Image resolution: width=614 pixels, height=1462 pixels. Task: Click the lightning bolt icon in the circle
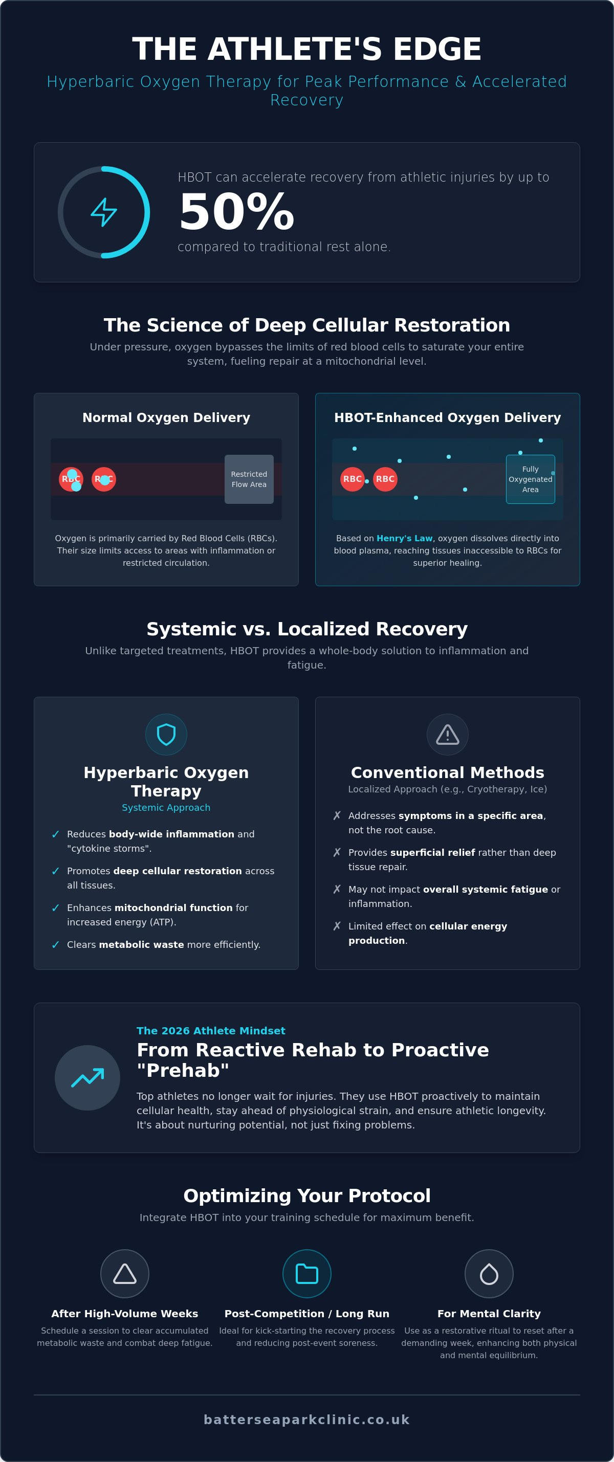(x=104, y=212)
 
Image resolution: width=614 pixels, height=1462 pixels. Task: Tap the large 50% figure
(x=236, y=212)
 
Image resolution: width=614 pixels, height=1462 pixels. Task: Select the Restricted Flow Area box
(x=249, y=479)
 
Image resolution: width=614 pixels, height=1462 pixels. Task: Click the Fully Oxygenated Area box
(x=531, y=479)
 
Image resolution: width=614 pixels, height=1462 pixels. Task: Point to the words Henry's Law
(x=405, y=538)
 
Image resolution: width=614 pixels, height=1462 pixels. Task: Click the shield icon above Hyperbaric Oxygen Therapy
(x=166, y=734)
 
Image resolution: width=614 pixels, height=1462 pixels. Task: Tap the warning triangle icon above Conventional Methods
(x=448, y=734)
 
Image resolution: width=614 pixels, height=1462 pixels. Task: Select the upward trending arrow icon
(x=87, y=1077)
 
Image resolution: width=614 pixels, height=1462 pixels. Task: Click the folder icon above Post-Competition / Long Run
(x=307, y=1274)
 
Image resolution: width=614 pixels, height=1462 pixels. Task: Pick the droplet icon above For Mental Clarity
(x=489, y=1274)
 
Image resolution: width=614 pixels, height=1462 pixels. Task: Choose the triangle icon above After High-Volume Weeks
(x=125, y=1274)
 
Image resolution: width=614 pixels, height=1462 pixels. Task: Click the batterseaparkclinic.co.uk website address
(x=307, y=1420)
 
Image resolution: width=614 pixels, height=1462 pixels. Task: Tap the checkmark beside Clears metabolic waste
(x=56, y=944)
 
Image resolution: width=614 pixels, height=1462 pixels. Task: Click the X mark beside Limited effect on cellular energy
(x=337, y=926)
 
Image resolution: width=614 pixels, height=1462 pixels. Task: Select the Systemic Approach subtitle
(x=166, y=807)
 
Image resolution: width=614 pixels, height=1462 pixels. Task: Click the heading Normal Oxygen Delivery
(x=166, y=417)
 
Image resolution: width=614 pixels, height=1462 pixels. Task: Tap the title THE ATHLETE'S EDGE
(x=307, y=49)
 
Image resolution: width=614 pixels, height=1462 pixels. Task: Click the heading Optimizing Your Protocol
(x=307, y=1195)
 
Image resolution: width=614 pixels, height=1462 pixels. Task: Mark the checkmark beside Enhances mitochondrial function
(x=56, y=907)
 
